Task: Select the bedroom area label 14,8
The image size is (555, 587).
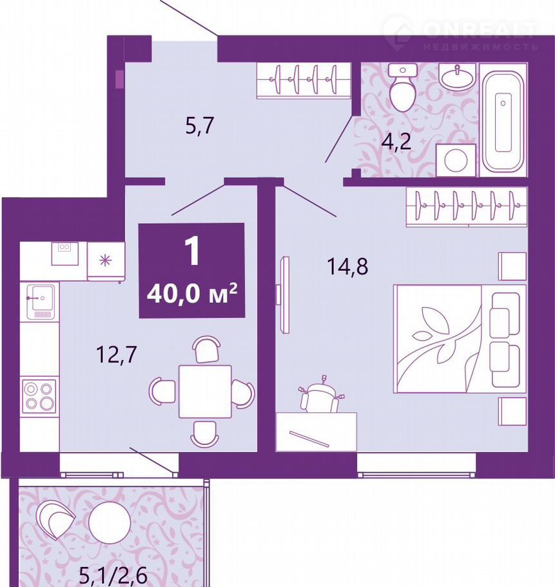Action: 347,266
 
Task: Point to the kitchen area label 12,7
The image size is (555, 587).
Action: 117,355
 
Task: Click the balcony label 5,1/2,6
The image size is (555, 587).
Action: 113,577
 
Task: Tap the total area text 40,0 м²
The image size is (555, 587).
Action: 192,294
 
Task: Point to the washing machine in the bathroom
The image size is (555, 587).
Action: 456,160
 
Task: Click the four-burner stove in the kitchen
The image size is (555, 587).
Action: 39,397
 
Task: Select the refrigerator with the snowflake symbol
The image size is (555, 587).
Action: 106,261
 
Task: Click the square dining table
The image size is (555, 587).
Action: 205,391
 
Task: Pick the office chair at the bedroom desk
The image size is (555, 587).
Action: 320,395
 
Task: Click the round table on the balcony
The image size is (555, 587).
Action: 110,522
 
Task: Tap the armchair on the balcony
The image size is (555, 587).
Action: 55,520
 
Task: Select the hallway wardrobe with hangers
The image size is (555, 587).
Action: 304,80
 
